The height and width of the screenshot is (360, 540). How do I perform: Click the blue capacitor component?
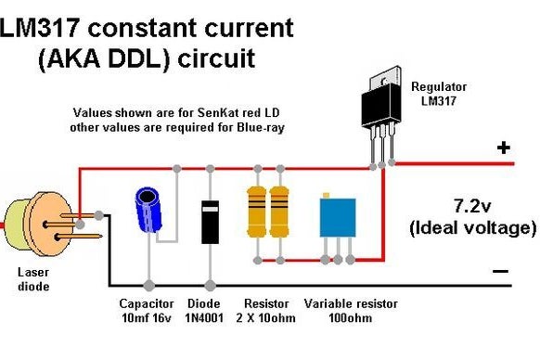[148, 210]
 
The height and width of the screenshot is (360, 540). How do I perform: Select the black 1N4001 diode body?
[210, 222]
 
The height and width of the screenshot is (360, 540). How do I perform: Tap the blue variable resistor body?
[338, 218]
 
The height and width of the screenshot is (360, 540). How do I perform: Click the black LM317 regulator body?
[381, 105]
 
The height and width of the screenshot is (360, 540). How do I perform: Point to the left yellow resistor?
[257, 212]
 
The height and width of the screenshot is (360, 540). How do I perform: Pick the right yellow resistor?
[279, 212]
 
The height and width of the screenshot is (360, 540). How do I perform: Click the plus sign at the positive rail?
[504, 148]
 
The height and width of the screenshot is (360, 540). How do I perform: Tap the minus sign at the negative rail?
[500, 272]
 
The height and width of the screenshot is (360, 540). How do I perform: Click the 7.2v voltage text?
[472, 206]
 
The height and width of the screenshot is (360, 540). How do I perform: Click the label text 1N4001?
[204, 317]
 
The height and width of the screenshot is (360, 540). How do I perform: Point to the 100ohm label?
[350, 317]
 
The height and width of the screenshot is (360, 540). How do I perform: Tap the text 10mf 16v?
[147, 317]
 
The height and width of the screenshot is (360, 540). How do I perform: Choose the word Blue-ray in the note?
[261, 128]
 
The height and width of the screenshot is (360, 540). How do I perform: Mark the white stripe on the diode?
[210, 209]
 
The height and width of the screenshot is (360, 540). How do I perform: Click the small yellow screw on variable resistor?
[326, 196]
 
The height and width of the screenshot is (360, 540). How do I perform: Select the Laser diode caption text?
[33, 279]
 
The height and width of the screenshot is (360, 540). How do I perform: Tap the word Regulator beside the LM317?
[439, 87]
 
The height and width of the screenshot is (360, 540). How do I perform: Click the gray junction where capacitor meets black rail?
[148, 285]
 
